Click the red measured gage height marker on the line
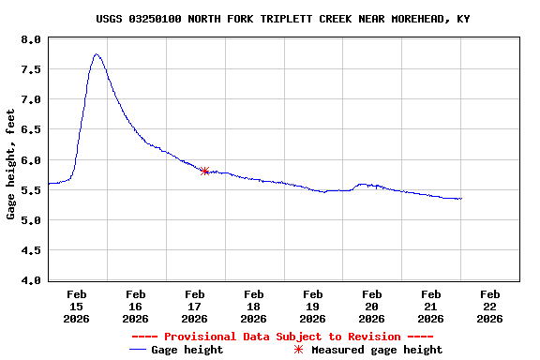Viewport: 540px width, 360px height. point(204,171)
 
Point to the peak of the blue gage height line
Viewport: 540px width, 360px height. point(97,54)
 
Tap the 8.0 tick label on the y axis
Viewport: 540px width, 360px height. point(31,39)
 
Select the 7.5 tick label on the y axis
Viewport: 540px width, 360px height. point(31,69)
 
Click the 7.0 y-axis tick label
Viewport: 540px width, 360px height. point(31,99)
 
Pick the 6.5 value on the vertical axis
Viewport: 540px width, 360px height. point(31,129)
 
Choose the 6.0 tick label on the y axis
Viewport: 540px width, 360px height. point(31,160)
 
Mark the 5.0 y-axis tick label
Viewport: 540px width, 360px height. point(31,220)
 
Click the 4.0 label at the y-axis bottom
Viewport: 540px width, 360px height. point(31,280)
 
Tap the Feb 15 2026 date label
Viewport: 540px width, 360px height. point(77,306)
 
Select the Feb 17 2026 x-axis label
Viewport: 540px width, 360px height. point(194,306)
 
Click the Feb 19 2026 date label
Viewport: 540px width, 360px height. point(312,306)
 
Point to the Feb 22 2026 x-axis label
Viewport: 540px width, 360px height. point(489,306)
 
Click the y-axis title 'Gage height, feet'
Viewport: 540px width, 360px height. point(11,164)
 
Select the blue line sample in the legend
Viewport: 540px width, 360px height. point(140,350)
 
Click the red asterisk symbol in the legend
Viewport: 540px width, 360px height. point(299,350)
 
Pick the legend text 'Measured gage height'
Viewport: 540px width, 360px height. point(377,350)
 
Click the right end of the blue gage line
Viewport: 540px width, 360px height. point(461,199)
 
